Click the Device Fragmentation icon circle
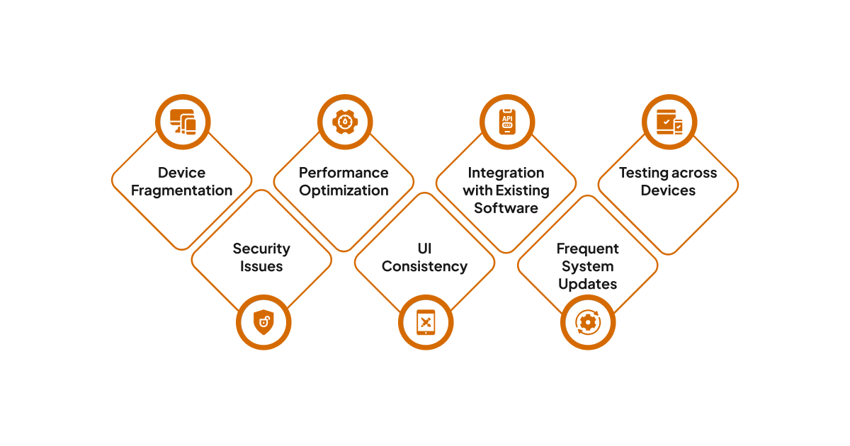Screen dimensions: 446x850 pos(182,122)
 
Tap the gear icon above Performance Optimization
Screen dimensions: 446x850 pos(344,122)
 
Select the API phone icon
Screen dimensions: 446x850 pos(506,122)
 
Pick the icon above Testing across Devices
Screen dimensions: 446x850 pos(669,122)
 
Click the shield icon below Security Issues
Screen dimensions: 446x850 pos(263,323)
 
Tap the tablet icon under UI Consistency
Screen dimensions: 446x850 pos(425,323)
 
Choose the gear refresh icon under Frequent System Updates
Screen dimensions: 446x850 pos(587,323)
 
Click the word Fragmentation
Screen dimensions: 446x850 pos(182,190)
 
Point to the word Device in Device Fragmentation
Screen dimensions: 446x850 pos(182,173)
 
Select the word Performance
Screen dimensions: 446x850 pos(344,173)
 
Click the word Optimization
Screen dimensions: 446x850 pos(344,190)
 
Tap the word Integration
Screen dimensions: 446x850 pos(506,173)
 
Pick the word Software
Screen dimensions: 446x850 pos(506,208)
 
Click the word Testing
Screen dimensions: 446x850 pos(643,173)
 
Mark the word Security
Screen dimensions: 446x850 pos(261,248)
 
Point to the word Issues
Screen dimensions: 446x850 pos(261,266)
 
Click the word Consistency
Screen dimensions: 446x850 pos(424,266)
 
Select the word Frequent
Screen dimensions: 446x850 pos(587,248)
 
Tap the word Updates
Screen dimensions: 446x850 pos(587,284)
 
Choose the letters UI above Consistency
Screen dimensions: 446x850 pos(424,248)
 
